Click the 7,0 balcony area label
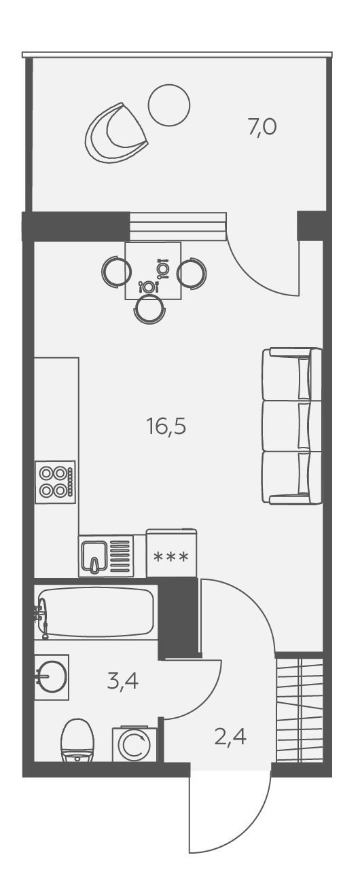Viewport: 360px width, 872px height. point(262,127)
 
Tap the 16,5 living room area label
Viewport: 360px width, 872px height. point(166,426)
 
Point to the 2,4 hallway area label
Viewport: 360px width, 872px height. point(230,737)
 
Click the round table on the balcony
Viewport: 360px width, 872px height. point(169,105)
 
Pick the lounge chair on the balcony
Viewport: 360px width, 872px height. point(117,133)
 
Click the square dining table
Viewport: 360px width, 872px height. point(153,270)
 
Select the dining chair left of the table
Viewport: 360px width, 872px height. point(115,272)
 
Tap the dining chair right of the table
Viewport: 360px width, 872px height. point(192,273)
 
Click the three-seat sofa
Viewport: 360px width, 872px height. point(292,426)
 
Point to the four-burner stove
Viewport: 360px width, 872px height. point(55,482)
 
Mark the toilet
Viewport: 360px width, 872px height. point(77,741)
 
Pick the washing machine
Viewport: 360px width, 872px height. point(134,744)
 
